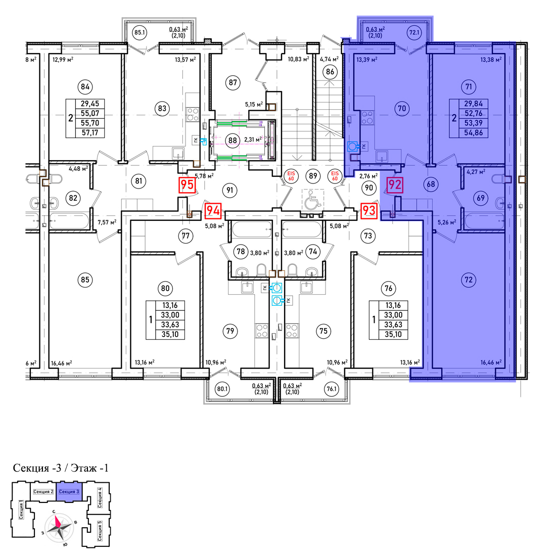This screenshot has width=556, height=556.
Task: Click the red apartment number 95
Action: (187, 185)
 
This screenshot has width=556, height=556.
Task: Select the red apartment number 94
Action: (213, 211)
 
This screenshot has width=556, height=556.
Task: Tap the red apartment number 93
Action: (369, 211)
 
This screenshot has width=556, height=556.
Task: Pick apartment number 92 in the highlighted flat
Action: (395, 185)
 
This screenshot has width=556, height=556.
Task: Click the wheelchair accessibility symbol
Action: (313, 199)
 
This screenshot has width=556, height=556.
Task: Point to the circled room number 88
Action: (233, 140)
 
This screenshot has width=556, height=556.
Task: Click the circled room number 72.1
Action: (414, 33)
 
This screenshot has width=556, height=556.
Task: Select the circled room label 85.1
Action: (140, 33)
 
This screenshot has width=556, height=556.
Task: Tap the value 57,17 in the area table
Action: (90, 133)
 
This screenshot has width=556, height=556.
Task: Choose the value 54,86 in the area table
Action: (474, 133)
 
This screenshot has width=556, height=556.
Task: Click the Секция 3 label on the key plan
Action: (69, 491)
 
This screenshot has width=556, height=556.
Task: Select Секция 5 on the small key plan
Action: (100, 530)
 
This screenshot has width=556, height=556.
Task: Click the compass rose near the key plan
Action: (59, 528)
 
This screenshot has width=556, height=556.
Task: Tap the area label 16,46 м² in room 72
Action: (491, 362)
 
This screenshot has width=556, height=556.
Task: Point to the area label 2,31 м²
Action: (253, 140)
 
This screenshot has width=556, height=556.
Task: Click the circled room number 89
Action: (313, 175)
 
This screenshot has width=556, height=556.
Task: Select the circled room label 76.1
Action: (331, 389)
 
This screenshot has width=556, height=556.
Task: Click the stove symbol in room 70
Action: (367, 117)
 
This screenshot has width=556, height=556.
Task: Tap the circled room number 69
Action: (481, 198)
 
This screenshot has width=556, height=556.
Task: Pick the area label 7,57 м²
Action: (107, 222)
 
